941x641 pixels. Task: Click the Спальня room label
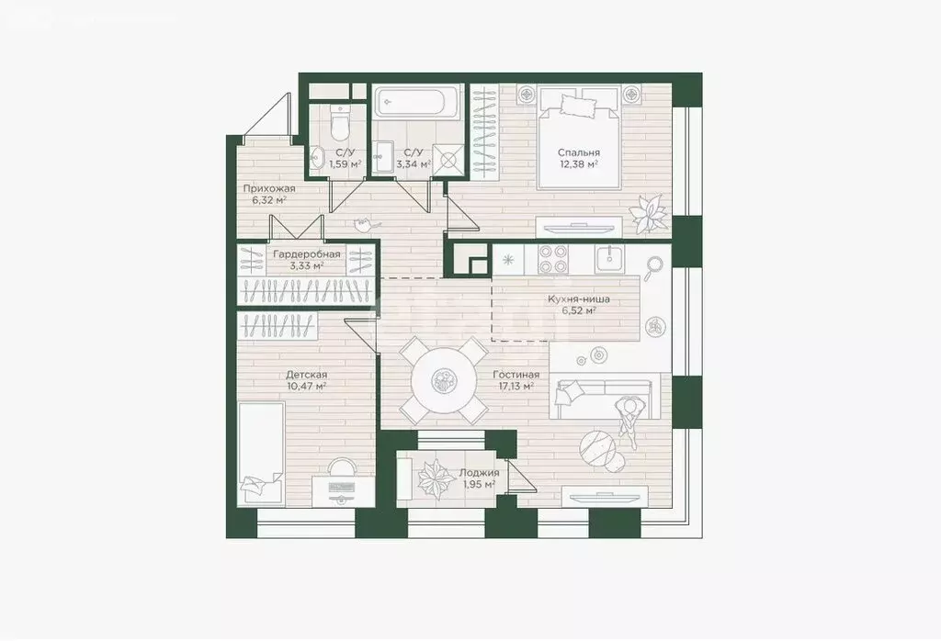coord(579,153)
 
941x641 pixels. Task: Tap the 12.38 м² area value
coord(579,165)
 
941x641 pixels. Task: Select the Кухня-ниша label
coord(578,298)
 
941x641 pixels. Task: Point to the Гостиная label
coord(516,375)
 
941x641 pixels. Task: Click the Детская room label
coord(306,375)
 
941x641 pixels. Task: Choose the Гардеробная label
coord(306,254)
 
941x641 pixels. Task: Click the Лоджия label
coord(477,473)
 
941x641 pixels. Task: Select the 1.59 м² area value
coord(346,165)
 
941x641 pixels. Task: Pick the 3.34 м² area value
coord(410,165)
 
